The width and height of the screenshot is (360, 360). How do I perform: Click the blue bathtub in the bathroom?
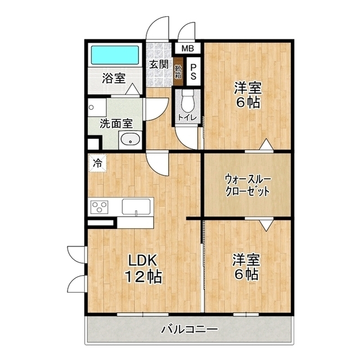point(115,55)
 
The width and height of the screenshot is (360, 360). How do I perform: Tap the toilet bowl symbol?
point(187,101)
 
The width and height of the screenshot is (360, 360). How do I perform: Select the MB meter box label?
point(187,48)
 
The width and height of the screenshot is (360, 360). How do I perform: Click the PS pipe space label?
point(193,71)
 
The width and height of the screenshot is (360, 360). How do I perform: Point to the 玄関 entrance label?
point(159,64)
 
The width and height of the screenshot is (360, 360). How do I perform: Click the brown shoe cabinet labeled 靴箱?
point(178,71)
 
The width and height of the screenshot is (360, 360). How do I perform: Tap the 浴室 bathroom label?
point(114,78)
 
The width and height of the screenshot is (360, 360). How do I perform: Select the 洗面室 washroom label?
point(116,124)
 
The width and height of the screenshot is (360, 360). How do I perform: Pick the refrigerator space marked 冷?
point(97,163)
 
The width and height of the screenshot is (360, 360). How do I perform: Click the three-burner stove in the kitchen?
point(100,207)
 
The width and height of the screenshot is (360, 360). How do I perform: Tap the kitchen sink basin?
point(136,206)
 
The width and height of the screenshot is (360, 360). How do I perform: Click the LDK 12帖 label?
point(143,269)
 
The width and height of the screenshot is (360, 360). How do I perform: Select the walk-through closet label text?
point(247,185)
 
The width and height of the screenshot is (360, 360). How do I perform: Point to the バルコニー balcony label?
point(189,330)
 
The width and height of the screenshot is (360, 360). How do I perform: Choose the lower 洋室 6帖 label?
point(246,267)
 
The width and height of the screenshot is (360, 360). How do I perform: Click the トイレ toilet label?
point(187,118)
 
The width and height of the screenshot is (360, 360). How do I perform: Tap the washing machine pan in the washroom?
point(97,107)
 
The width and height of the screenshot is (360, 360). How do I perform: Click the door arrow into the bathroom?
point(133,89)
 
